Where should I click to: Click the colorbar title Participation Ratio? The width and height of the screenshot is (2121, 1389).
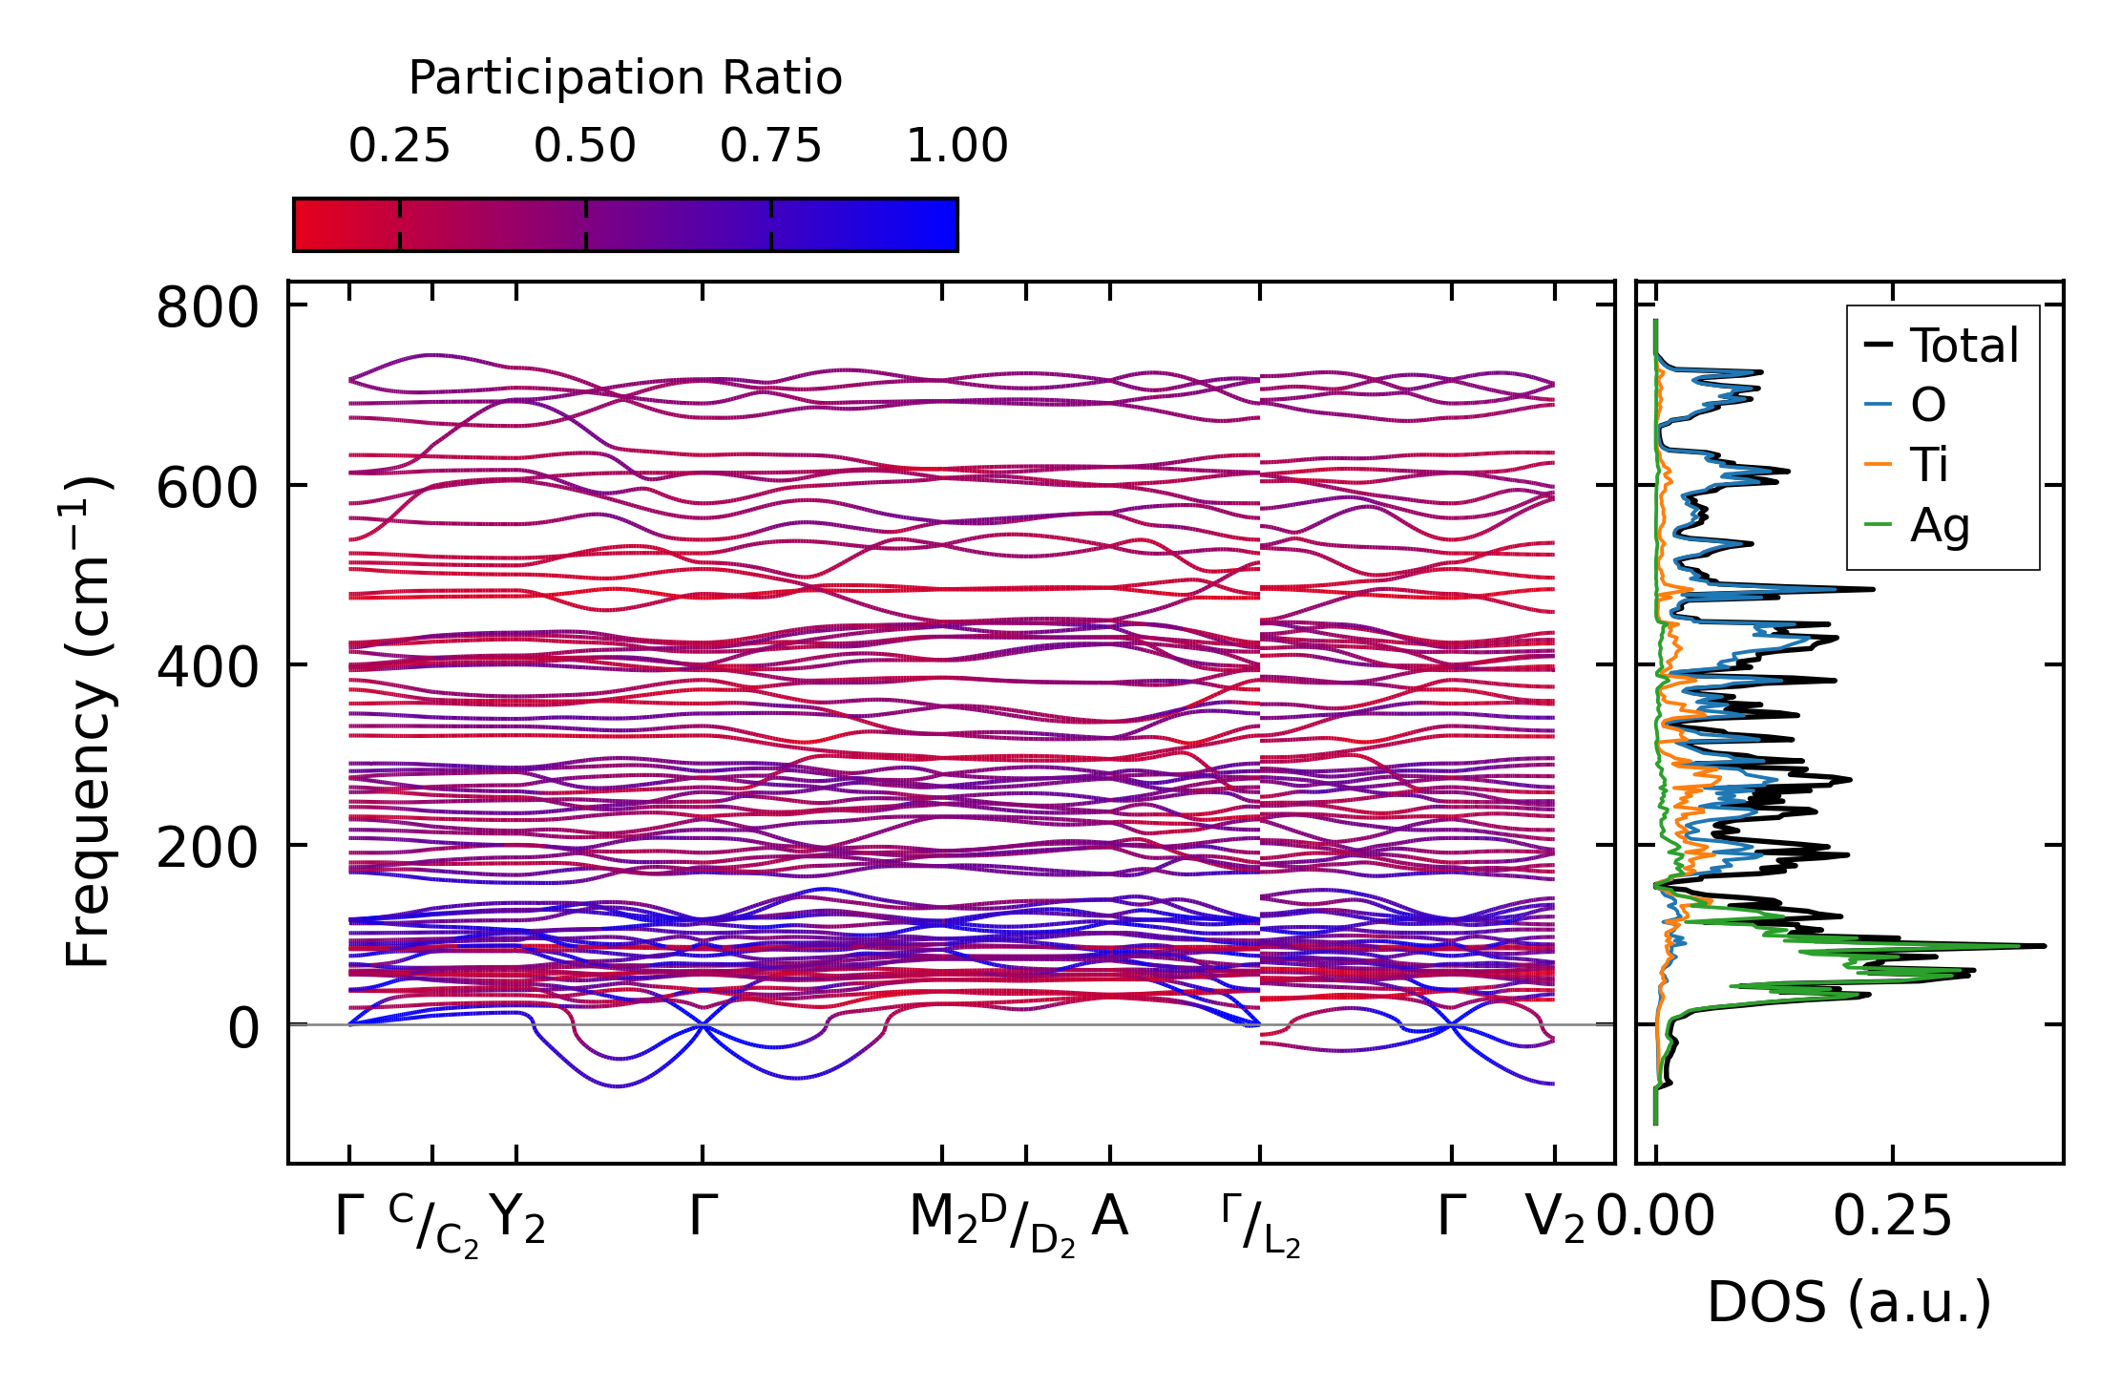click(x=625, y=78)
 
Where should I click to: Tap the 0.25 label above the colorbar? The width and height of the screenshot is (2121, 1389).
click(x=399, y=146)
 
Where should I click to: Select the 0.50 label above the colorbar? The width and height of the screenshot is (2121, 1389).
click(x=584, y=146)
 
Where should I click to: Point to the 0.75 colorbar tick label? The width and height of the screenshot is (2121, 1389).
click(x=770, y=146)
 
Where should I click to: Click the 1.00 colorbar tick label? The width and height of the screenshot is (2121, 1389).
click(x=956, y=146)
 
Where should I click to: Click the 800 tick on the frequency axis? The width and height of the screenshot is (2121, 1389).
click(x=207, y=309)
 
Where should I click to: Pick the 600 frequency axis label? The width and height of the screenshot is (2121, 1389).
click(x=207, y=489)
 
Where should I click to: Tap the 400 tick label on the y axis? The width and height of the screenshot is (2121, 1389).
click(x=207, y=668)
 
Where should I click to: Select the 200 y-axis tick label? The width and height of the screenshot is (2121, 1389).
click(x=207, y=848)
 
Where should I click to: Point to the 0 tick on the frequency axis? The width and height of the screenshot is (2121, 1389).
click(x=242, y=1028)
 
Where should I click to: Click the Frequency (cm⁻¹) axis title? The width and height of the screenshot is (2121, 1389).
click(x=88, y=722)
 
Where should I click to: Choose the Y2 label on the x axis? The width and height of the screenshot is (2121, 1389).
click(x=517, y=1220)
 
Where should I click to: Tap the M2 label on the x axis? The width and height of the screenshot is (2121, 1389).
click(x=943, y=1220)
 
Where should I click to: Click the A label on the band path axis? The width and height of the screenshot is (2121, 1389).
click(x=1109, y=1217)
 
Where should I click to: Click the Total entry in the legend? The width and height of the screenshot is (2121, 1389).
click(x=1963, y=346)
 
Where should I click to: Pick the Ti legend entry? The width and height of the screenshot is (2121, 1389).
click(x=1928, y=465)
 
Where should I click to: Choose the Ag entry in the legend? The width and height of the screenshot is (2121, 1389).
click(x=1939, y=525)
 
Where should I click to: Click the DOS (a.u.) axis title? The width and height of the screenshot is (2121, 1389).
click(x=1849, y=1303)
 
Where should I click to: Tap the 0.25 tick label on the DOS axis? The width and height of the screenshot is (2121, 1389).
click(x=1892, y=1217)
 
